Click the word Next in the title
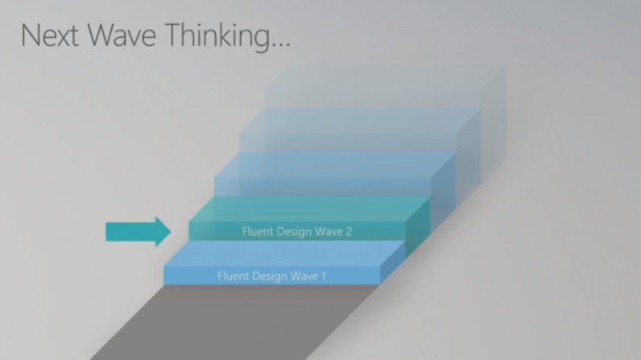point(49,35)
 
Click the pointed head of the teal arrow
point(163,232)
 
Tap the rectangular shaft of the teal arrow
point(130,232)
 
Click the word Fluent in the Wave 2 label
point(257,231)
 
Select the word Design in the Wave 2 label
point(295,232)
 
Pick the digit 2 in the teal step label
point(349,232)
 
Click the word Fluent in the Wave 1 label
point(233,275)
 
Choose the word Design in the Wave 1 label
point(271,276)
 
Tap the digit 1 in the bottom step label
point(324,275)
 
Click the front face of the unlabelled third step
point(323,187)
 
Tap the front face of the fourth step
point(348,143)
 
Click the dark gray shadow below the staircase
point(233,323)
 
